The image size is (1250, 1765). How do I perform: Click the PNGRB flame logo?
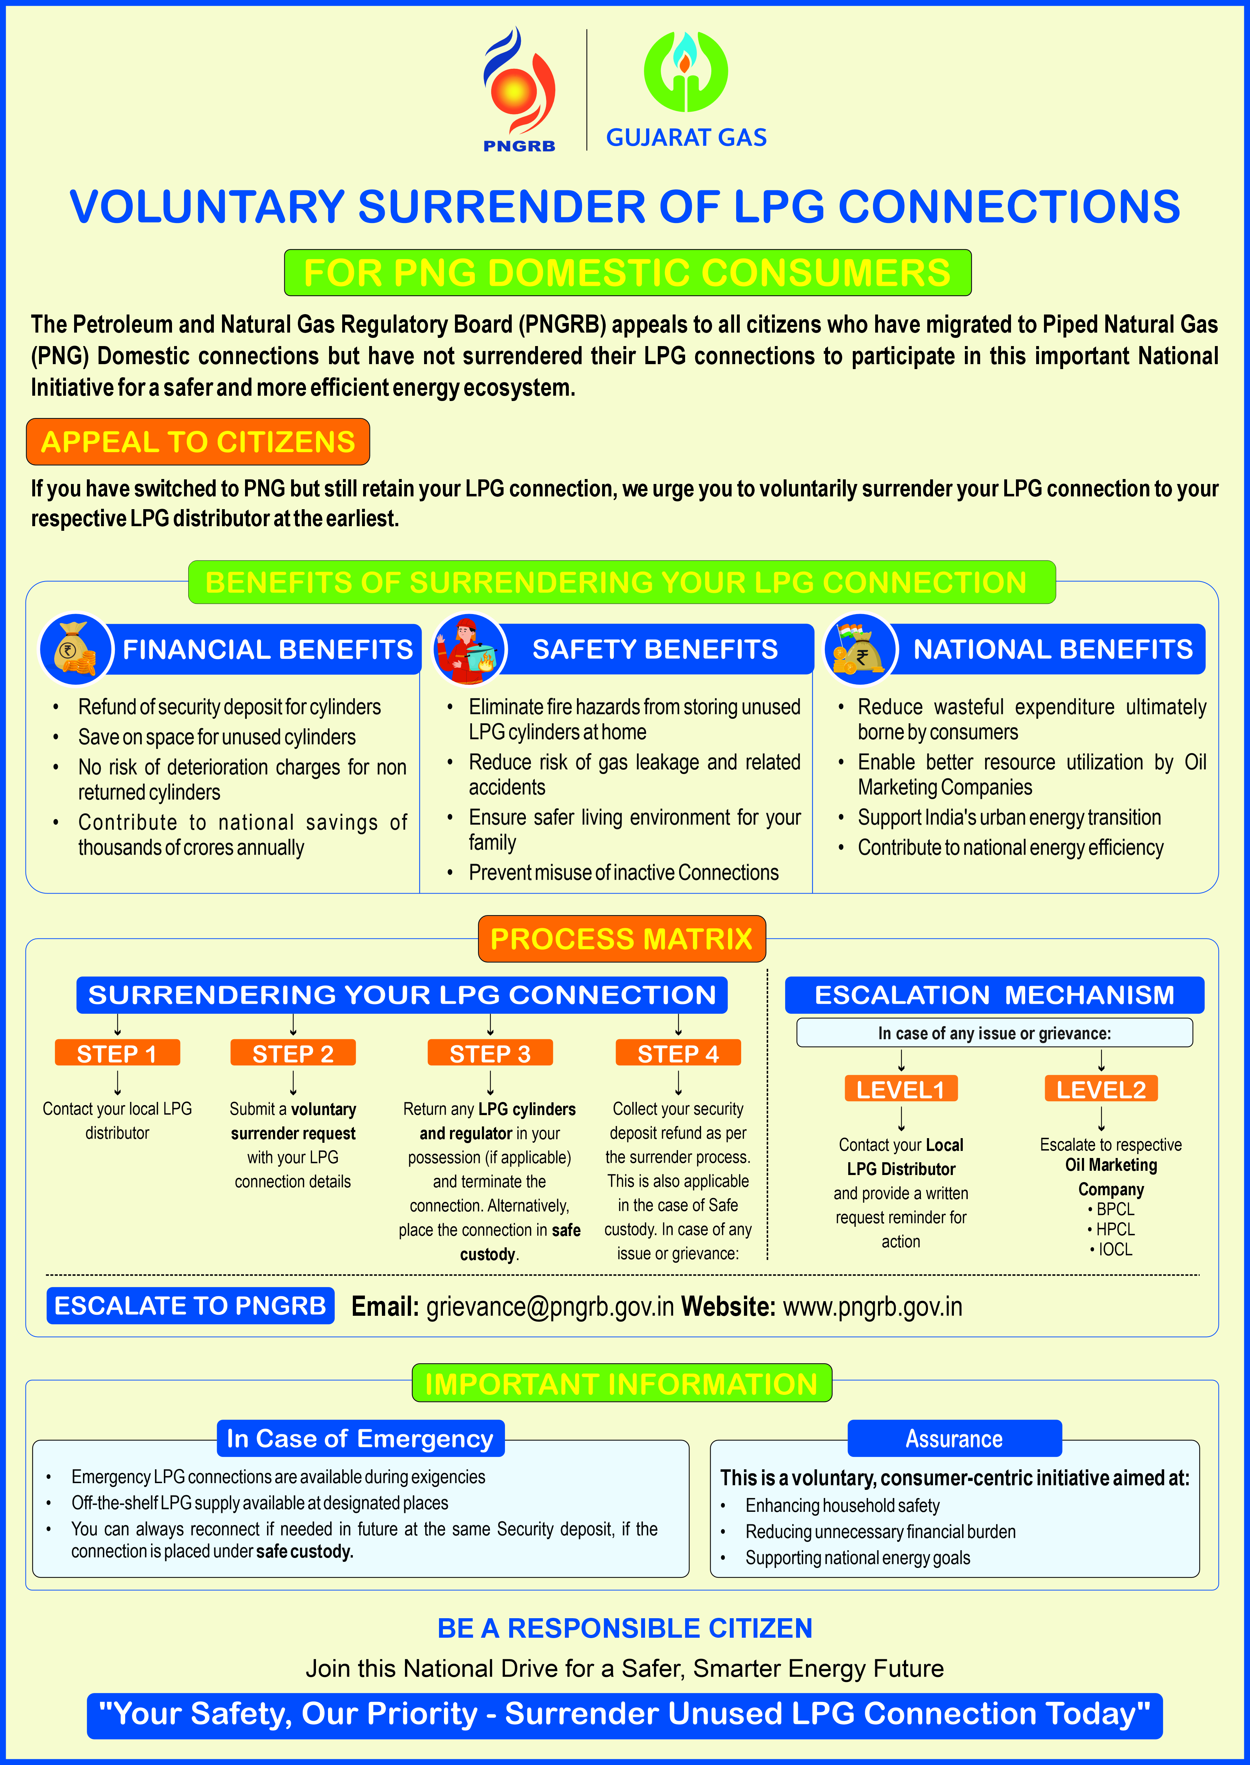518,85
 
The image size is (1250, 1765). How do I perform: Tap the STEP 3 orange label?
490,1053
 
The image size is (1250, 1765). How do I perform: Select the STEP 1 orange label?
117,1053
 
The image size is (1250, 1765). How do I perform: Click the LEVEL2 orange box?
1101,1089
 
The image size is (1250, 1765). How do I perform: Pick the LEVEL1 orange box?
901,1089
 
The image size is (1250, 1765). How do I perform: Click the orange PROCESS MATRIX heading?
622,939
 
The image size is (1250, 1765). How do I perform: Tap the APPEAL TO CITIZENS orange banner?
198,442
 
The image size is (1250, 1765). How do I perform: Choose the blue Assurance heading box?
955,1438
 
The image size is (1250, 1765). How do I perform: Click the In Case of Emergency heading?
360,1438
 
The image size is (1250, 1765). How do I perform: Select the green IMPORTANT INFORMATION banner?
622,1383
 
